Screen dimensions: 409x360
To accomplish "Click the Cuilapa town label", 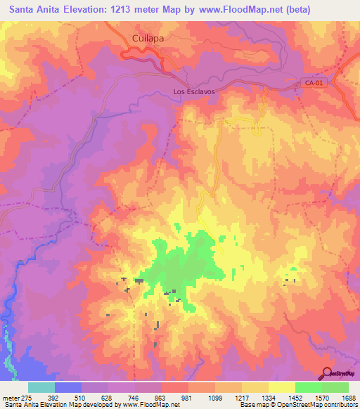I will pos(148,40).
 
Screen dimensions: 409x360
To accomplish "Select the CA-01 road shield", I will pos(314,84).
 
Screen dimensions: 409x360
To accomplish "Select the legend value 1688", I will pos(349,396).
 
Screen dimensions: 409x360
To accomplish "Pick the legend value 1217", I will pos(242,396).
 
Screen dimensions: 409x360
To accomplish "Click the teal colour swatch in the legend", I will pos(41,387).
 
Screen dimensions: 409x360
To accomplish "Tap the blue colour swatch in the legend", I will pos(68,387).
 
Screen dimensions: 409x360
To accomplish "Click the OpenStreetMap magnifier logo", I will pos(328,372).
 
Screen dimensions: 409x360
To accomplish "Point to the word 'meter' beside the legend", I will pos(11,396).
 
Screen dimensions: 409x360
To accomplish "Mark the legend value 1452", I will pos(295,396).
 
